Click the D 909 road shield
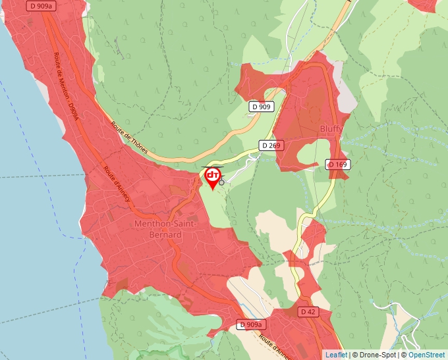point(261,106)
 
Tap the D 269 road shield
point(271,145)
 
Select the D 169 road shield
point(337,164)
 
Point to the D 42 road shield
point(307,311)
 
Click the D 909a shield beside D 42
point(251,324)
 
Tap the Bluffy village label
point(331,129)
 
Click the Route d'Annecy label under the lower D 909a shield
point(275,346)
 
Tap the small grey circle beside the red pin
point(222,182)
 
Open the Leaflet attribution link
point(335,355)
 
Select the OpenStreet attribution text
point(426,355)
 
